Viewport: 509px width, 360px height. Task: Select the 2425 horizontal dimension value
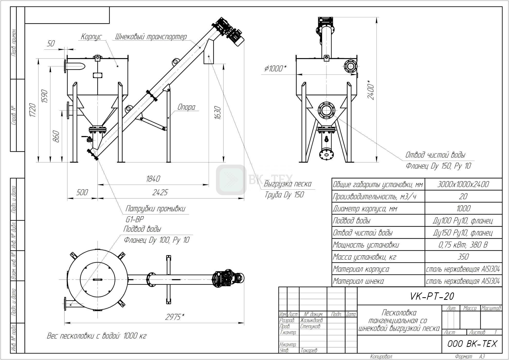(160, 192)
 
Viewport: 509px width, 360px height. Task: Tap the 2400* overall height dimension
(371, 90)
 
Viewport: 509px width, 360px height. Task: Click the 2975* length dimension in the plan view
(175, 317)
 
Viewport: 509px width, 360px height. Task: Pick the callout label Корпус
(92, 37)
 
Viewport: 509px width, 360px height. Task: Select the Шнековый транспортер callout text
(151, 37)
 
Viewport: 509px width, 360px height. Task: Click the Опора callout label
(186, 107)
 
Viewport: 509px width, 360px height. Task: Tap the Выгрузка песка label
(288, 184)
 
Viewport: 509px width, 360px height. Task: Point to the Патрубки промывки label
(155, 209)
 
